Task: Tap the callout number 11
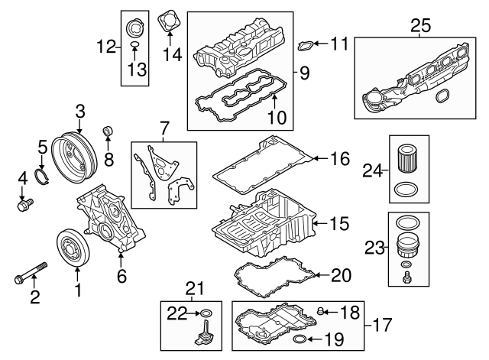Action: click(x=339, y=44)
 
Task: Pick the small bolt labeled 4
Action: click(x=25, y=205)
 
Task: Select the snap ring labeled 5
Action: click(x=45, y=180)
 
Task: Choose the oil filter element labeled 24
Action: click(x=408, y=160)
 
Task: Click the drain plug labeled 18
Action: click(x=322, y=310)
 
